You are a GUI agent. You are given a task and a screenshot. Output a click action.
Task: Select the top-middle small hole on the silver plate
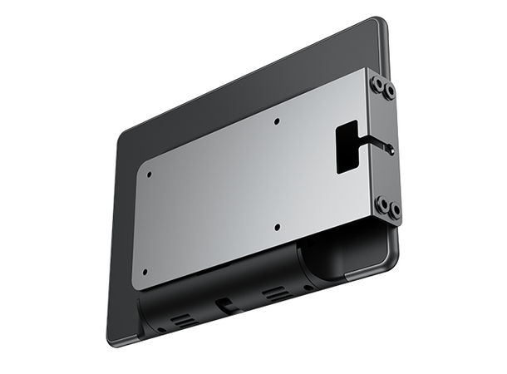click(x=277, y=121)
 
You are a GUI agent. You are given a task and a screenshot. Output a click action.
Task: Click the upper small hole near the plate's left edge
click(x=149, y=175)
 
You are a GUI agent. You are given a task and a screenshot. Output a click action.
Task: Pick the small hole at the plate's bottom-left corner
click(x=145, y=272)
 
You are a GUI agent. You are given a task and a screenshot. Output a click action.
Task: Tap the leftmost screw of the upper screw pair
click(x=377, y=83)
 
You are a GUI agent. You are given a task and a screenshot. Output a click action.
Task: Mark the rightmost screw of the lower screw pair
click(x=395, y=209)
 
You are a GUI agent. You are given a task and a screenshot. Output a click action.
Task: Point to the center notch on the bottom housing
click(x=225, y=305)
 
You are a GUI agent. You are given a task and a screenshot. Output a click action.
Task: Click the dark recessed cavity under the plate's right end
click(x=341, y=249)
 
